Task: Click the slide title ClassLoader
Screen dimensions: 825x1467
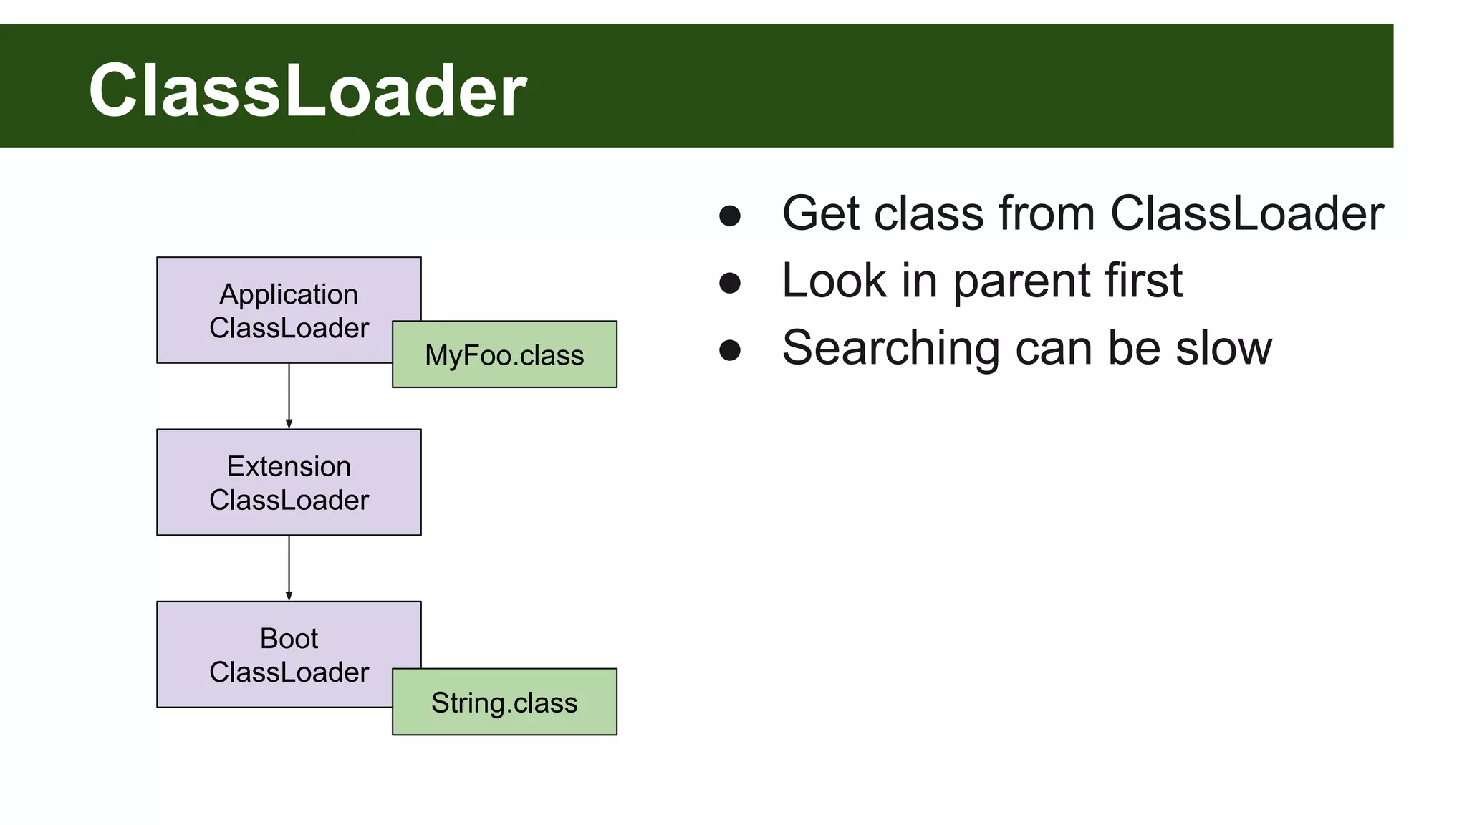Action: pyautogui.click(x=307, y=90)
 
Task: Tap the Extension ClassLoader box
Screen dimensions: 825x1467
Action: pyautogui.click(x=289, y=482)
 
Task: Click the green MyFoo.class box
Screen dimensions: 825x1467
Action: pyautogui.click(x=504, y=355)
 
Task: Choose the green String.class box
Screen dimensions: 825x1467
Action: pyautogui.click(x=504, y=703)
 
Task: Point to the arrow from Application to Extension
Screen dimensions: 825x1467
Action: pyautogui.click(x=289, y=396)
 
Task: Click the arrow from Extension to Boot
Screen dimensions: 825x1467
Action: pyautogui.click(x=289, y=568)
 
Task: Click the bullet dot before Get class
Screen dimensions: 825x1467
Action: pyautogui.click(x=729, y=216)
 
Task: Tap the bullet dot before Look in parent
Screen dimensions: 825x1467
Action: pyautogui.click(x=729, y=283)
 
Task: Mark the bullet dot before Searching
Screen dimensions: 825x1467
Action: pyautogui.click(x=729, y=350)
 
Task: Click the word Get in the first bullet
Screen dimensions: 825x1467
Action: pyautogui.click(x=822, y=213)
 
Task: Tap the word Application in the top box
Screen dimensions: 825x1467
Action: pyautogui.click(x=289, y=294)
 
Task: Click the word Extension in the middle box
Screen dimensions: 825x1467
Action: pyautogui.click(x=289, y=466)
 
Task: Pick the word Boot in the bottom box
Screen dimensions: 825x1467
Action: pyautogui.click(x=289, y=638)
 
